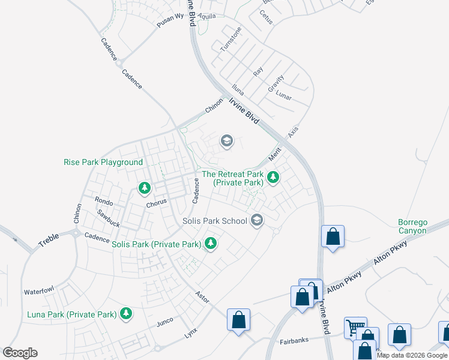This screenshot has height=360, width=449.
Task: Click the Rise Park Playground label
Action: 103,162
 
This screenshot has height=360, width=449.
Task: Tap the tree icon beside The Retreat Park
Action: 273,177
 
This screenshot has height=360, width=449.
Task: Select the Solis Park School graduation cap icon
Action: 257,220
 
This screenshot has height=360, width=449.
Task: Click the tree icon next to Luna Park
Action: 126,313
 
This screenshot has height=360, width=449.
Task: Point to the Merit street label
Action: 275,154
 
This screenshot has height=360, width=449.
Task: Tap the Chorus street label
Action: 156,204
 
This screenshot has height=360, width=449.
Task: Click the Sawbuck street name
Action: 109,214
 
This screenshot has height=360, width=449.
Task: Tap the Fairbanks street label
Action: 294,341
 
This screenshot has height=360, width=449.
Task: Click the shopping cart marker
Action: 355,328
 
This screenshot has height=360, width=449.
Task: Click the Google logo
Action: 20,353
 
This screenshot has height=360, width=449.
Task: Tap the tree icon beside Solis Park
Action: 210,244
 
